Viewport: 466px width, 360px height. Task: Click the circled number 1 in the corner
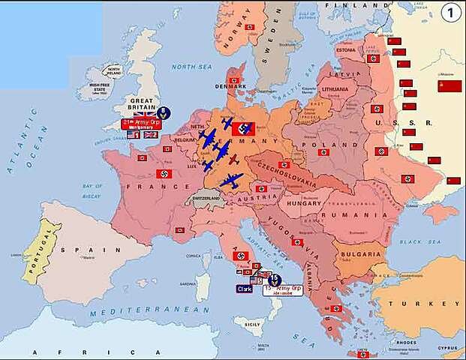pos(450,12)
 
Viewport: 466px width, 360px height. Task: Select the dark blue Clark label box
pos(245,288)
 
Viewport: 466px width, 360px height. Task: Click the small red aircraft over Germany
pos(233,158)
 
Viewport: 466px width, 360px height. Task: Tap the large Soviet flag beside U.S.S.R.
pos(449,85)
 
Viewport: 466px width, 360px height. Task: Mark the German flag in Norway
pos(251,27)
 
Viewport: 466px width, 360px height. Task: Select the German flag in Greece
pos(335,308)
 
